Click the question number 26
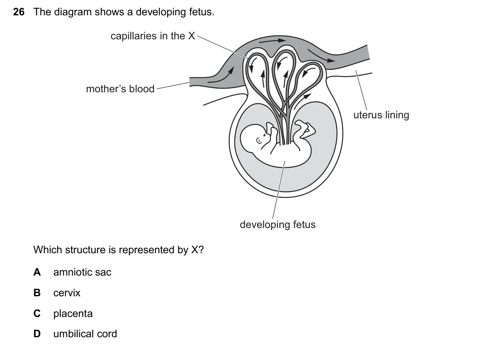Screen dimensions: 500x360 19,12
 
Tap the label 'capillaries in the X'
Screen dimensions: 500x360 153,36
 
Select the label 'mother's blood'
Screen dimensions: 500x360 120,89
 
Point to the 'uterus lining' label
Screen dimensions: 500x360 381,115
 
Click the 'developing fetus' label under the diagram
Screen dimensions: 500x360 278,225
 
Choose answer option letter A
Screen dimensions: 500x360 37,272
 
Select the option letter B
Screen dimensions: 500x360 37,293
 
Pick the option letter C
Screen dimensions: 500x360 37,313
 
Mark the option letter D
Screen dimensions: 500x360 37,334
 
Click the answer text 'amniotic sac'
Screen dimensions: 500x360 82,272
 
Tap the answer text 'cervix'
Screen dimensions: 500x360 67,293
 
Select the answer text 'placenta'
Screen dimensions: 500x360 73,314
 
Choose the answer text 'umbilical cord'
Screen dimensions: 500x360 85,334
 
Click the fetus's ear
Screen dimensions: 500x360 259,141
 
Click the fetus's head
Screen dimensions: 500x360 254,138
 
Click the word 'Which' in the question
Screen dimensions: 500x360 48,250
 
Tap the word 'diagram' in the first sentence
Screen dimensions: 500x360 73,12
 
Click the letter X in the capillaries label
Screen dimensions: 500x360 191,36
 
